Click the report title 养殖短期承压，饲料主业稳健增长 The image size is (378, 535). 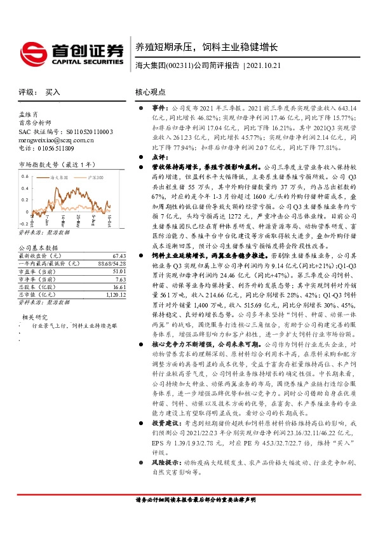[207, 47]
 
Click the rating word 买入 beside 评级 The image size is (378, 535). [53, 92]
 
